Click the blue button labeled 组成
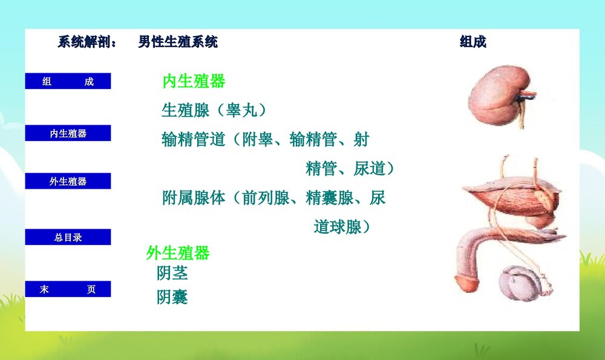point(68,82)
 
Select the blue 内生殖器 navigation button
point(68,133)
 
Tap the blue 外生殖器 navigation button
point(68,181)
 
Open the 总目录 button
point(68,237)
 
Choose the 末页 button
point(68,289)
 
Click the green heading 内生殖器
point(194,81)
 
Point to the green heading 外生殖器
point(178,253)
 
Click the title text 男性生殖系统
point(178,42)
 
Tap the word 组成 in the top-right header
point(473,42)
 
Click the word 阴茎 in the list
point(172,273)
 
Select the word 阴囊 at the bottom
point(172,297)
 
